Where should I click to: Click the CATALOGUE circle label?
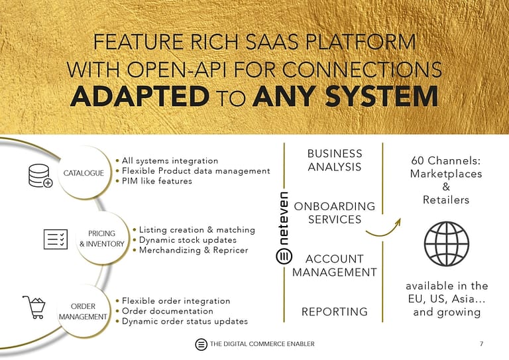tap(83, 173)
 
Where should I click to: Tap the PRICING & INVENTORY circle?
tap(101, 239)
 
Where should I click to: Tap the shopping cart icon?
tap(34, 308)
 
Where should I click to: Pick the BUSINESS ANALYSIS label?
tap(334, 160)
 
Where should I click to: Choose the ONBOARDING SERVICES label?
tap(334, 213)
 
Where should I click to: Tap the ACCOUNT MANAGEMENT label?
tap(334, 265)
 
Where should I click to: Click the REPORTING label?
tap(334, 312)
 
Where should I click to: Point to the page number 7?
tap(481, 343)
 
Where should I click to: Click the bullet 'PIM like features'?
tap(156, 181)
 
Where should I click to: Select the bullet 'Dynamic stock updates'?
tap(188, 240)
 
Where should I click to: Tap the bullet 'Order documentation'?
tap(167, 311)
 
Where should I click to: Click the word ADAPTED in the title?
tap(139, 97)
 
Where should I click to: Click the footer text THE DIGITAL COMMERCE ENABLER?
tap(262, 343)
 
